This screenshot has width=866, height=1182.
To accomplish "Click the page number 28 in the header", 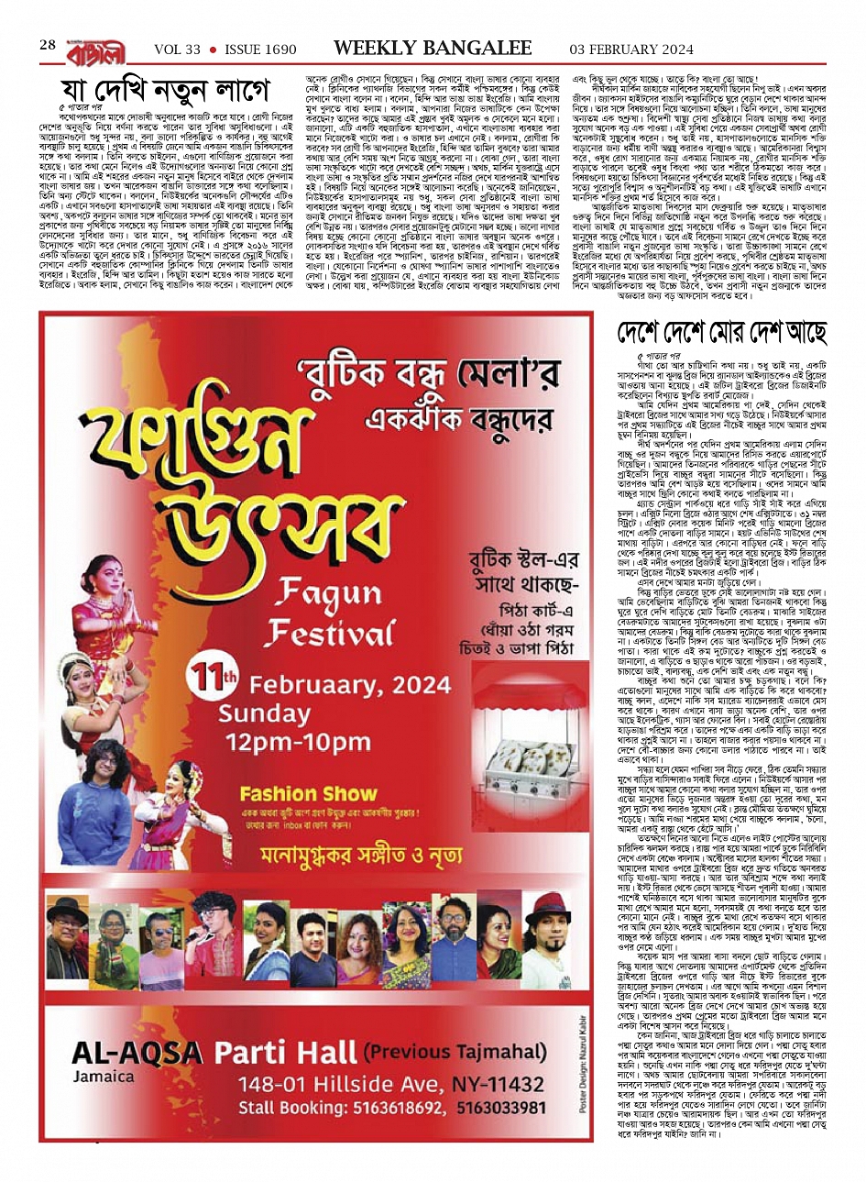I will pyautogui.click(x=48, y=44).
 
